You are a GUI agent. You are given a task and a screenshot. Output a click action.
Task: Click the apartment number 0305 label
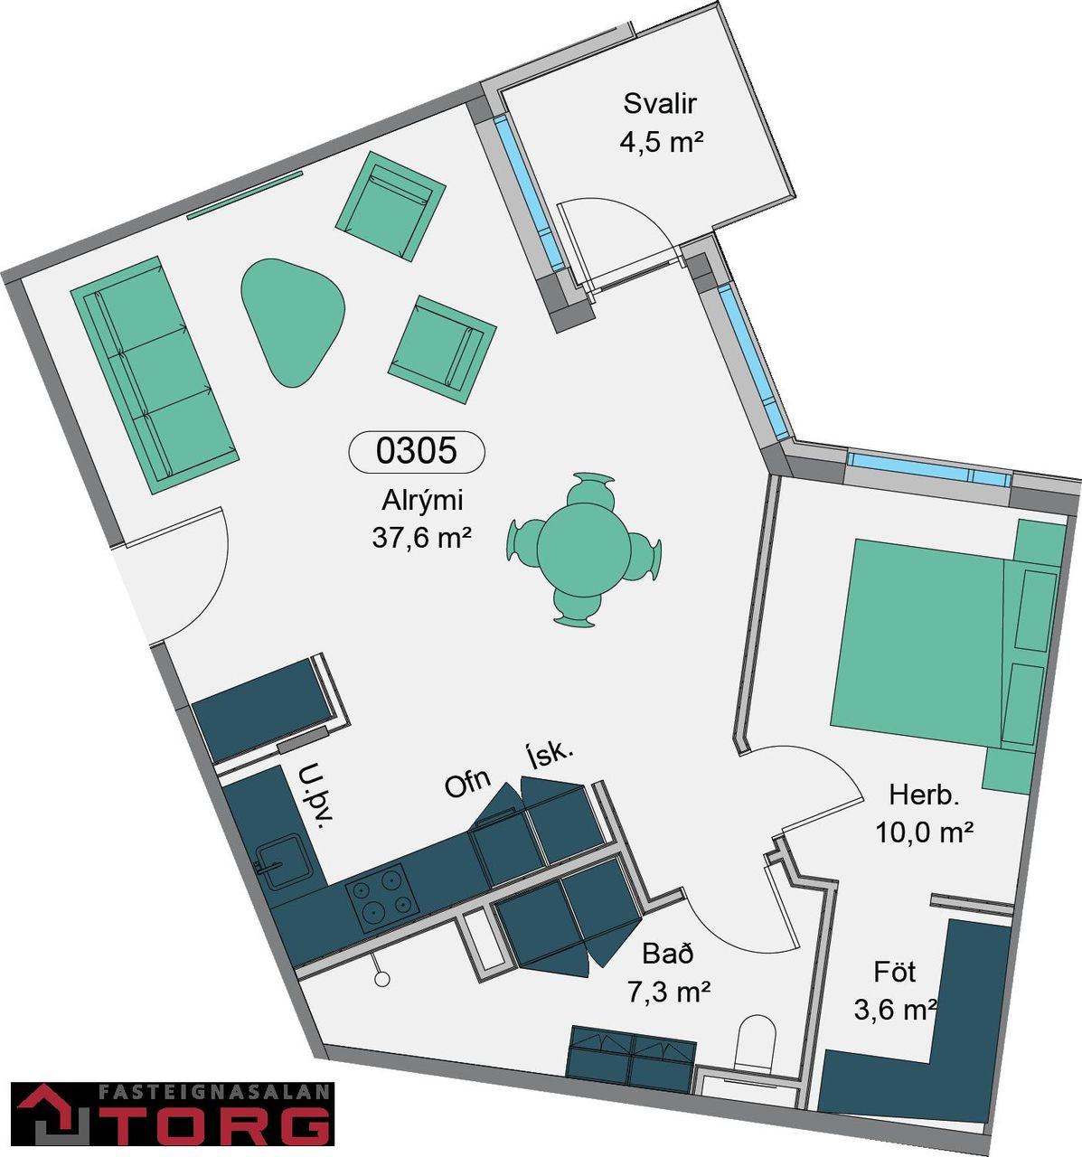pos(416,450)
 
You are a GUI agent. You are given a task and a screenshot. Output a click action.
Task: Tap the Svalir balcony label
pos(660,104)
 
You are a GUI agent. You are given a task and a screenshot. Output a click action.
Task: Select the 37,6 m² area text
pos(421,538)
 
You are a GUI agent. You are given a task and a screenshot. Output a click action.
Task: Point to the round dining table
pos(584,550)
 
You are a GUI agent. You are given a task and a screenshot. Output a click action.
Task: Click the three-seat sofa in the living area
pos(155,374)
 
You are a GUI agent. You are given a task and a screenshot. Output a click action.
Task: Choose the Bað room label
pos(668,954)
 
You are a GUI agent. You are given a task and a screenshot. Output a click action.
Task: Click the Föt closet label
pos(894,973)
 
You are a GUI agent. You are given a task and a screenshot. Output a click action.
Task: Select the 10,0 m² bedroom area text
pos(924,832)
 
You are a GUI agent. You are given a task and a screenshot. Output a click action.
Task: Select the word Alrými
pos(422,501)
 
